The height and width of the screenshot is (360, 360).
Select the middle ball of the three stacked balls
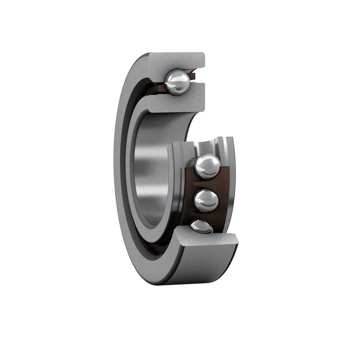point(206,201)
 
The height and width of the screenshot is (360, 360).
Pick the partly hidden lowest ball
point(201,226)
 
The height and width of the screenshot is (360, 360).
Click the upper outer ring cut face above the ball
point(176,61)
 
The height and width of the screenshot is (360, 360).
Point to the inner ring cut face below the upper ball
point(176,103)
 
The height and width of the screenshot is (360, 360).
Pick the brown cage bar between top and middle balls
point(205,184)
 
